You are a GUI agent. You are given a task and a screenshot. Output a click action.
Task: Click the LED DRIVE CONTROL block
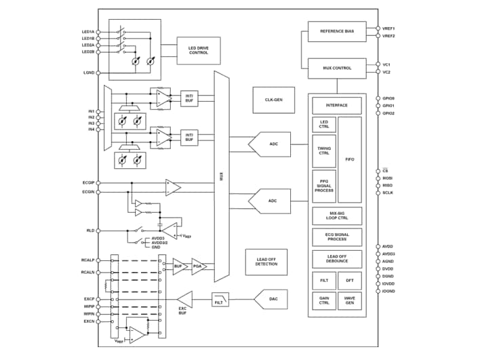pos(199,51)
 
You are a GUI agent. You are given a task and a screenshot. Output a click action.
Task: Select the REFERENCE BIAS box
pos(337,31)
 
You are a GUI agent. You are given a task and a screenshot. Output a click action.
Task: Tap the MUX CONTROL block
pos(337,68)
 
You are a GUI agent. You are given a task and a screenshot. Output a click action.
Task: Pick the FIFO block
pos(349,159)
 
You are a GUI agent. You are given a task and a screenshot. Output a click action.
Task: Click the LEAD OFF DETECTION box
pos(266,261)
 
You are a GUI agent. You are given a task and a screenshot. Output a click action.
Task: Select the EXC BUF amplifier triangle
pos(185,299)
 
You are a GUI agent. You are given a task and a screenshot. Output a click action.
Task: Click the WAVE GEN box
pos(350,300)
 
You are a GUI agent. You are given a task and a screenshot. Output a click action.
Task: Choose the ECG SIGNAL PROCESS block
pos(337,237)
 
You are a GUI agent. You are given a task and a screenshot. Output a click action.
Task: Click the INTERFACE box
pos(337,105)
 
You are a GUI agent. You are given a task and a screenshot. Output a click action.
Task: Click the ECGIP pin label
pos(88,183)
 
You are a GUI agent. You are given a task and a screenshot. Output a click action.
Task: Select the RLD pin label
pos(90,231)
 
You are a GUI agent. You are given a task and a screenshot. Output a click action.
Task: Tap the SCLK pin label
pos(388,193)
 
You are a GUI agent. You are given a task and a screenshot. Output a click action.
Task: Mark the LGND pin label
pos(89,72)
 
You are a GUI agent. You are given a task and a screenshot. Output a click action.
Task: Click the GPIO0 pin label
pos(389,98)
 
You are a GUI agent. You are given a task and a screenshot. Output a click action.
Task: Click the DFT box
pos(350,279)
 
